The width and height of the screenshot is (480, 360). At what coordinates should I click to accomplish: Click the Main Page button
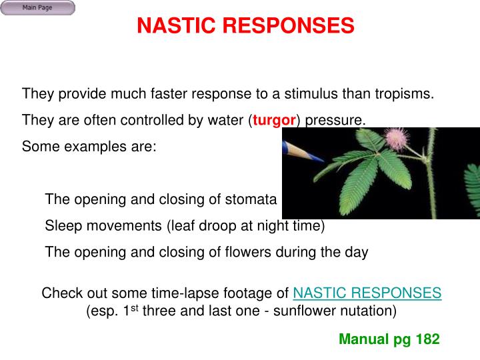(x=37, y=8)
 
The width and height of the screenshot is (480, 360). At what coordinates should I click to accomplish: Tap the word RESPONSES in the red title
(x=289, y=26)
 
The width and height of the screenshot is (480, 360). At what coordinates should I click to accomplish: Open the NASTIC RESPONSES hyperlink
(x=367, y=293)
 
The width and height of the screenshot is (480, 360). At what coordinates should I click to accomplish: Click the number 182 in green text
(x=427, y=339)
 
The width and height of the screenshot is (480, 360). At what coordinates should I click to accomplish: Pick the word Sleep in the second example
(x=62, y=226)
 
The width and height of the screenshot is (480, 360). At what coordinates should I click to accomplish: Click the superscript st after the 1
(x=133, y=307)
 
